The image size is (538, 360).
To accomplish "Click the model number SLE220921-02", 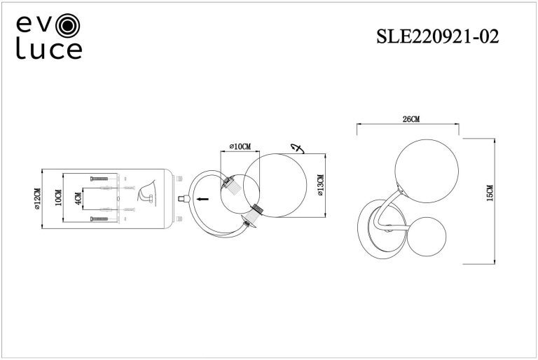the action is tap(437, 36).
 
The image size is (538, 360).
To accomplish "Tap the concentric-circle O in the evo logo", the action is tap(68, 25).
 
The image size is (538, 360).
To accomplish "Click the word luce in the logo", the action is tap(49, 50).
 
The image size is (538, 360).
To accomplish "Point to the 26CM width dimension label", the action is tap(411, 119).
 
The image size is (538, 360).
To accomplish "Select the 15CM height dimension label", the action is tap(490, 193).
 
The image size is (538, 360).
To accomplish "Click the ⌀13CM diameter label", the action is tap(320, 185).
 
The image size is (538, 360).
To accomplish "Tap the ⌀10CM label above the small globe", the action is tap(240, 146).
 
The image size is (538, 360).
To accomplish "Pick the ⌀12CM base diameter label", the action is tap(37, 199).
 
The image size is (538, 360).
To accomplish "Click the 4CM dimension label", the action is tap(78, 199).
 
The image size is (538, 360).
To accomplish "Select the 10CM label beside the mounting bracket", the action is tap(58, 198).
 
